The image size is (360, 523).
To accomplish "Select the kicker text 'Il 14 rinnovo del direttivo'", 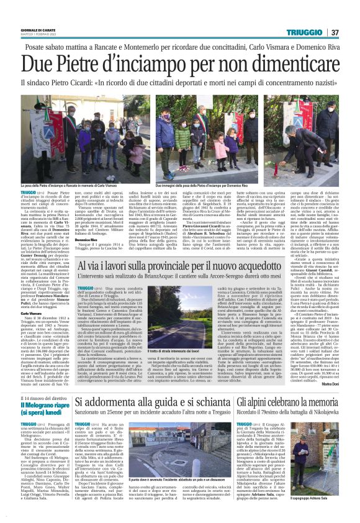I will (38, 399).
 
